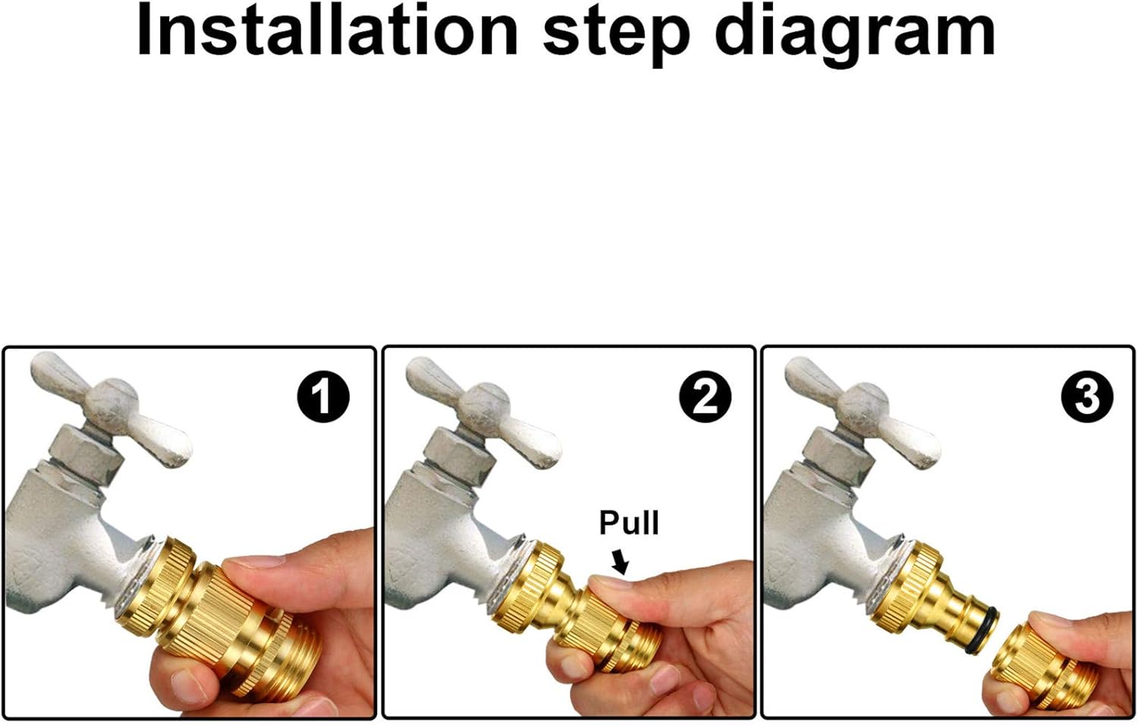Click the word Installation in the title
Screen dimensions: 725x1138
(x=326, y=32)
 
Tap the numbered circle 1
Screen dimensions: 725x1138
(x=323, y=397)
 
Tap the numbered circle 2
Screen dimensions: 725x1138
(x=705, y=397)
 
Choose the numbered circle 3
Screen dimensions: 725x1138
(x=1086, y=397)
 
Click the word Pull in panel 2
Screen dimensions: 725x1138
(x=629, y=523)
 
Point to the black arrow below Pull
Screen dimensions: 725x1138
(x=621, y=562)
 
